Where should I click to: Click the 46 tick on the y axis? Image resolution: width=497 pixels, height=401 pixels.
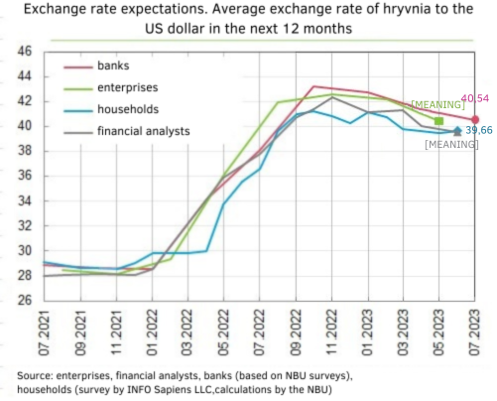26,52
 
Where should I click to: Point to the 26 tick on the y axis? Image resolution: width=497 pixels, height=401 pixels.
26,301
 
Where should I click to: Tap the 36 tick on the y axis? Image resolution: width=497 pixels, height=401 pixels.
26,177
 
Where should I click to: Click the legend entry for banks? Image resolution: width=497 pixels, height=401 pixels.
114,67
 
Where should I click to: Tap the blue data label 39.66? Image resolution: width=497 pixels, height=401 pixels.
479,131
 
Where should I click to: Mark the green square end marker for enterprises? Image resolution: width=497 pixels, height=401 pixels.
438,121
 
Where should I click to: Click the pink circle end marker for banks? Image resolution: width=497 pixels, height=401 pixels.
475,120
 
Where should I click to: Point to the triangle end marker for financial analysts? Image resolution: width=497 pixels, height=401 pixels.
456,131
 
